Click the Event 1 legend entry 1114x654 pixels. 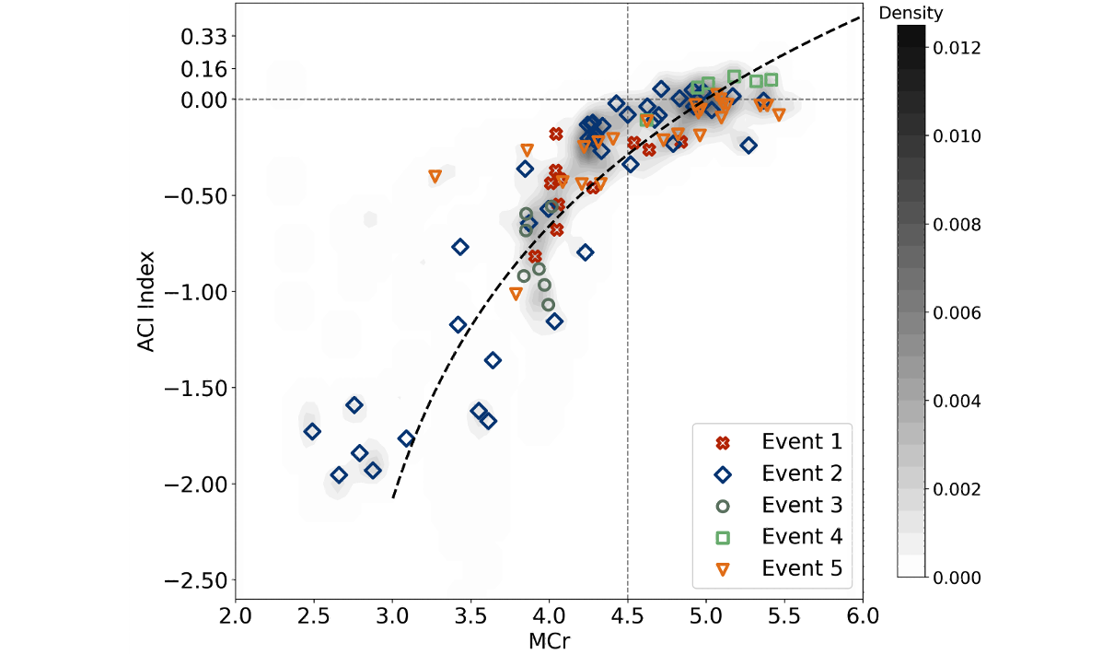[x=801, y=442]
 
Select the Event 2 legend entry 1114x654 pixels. [x=801, y=473]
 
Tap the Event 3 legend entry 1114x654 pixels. [x=801, y=505]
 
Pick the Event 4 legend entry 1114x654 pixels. [x=801, y=536]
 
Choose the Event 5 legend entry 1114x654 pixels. [x=801, y=568]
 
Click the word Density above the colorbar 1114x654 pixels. [x=911, y=13]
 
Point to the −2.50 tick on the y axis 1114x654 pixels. [x=193, y=580]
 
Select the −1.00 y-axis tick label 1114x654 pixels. [x=193, y=292]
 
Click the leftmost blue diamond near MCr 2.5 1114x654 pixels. [x=313, y=431]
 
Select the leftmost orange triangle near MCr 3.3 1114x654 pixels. [x=435, y=176]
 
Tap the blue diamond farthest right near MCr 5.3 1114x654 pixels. [x=748, y=146]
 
